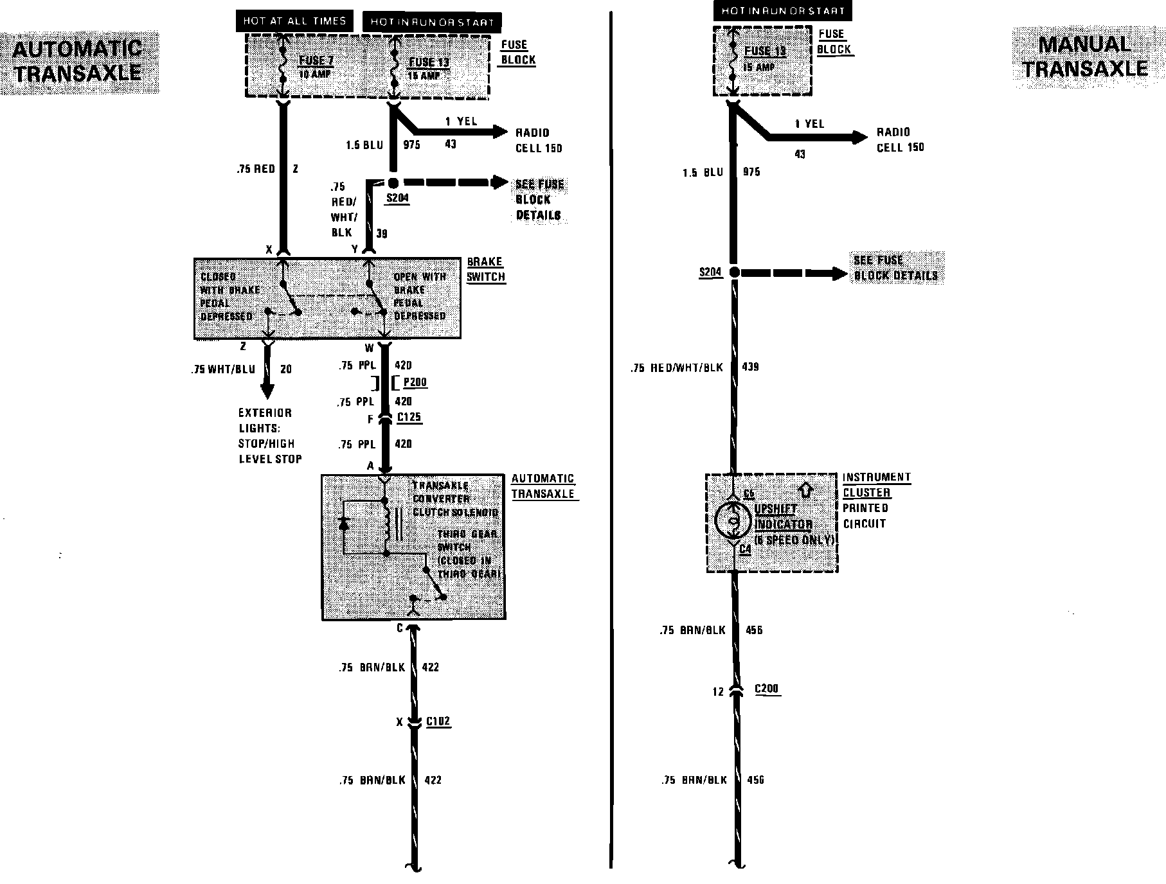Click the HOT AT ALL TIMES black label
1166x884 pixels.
pos(295,21)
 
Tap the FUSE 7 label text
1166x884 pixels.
pos(316,62)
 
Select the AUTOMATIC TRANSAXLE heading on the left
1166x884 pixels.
pos(78,62)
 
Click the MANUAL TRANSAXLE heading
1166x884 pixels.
pos(1085,57)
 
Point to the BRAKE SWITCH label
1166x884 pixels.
pos(485,269)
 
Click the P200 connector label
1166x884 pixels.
pos(415,382)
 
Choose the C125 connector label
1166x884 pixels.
pos(409,417)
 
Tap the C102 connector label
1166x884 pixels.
pos(438,721)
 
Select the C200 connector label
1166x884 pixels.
pos(766,689)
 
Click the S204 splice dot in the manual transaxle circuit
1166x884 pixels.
pos(734,272)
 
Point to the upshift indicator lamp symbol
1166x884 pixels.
pos(733,521)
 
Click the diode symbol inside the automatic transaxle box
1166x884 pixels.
pos(344,523)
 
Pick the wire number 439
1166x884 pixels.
pos(750,367)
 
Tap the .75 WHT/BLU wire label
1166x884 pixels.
pos(223,369)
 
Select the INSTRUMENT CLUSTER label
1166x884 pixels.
pos(876,485)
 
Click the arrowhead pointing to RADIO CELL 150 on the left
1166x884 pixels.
pos(499,132)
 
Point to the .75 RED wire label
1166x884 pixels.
pos(256,169)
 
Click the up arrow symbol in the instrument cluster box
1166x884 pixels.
pos(806,490)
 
